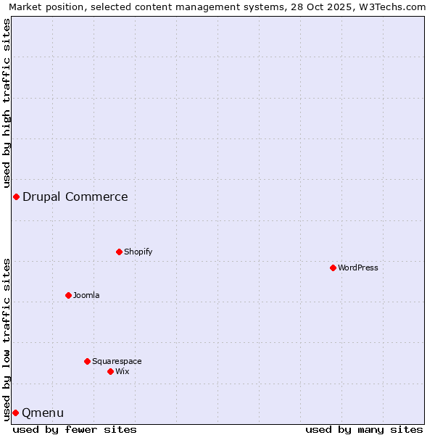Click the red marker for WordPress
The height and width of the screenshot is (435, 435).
333,268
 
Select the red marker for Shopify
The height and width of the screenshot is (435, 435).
119,252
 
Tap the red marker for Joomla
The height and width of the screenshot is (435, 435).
68,295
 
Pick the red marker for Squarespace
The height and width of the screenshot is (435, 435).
87,361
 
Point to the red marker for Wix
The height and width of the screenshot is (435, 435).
110,371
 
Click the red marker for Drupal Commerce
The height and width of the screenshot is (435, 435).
16,196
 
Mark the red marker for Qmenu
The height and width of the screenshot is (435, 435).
15,413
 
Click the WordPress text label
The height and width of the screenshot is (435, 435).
358,268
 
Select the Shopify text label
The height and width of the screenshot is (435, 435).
138,252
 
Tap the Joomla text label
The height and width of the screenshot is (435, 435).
86,295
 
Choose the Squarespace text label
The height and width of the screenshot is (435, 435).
117,361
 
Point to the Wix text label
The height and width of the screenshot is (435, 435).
123,371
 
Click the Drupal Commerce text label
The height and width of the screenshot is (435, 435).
75,196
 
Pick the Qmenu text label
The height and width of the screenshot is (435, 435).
43,413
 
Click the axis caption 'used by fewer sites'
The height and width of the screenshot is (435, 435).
75,429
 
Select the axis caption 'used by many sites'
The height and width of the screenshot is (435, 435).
364,429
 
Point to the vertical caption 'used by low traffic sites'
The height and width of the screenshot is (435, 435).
7,339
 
